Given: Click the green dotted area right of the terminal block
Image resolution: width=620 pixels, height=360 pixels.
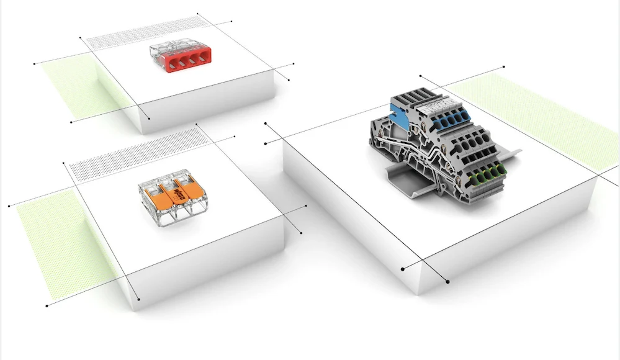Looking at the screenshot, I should point(540,118).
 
